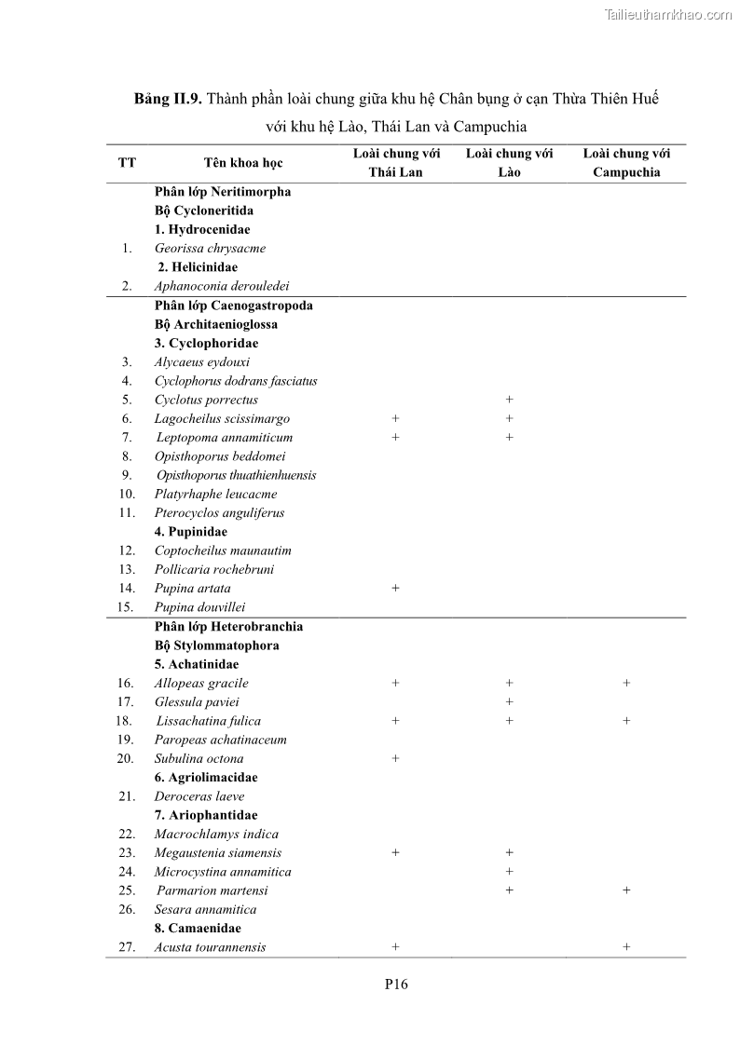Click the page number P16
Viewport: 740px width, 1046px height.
tap(396, 984)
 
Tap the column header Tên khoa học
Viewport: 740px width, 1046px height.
tap(242, 163)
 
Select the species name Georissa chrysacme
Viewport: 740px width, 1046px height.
tap(210, 249)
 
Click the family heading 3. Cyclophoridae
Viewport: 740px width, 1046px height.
tap(206, 344)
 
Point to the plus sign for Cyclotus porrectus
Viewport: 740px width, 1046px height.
tap(509, 400)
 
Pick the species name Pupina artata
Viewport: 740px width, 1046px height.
tap(192, 589)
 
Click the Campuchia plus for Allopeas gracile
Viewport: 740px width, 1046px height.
tap(626, 683)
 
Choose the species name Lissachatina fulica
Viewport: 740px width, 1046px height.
tap(208, 721)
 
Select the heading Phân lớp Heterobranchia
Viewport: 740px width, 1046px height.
tap(228, 627)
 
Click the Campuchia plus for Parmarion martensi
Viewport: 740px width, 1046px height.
tap(626, 890)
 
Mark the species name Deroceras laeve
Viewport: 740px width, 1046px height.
tap(199, 796)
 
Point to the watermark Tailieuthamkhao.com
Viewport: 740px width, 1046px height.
tap(668, 14)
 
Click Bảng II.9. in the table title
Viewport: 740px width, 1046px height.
tap(168, 99)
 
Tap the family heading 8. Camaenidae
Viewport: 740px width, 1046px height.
tap(198, 929)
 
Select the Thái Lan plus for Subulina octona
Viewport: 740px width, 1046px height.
tap(395, 758)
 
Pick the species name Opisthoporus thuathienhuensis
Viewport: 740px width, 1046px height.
tap(236, 475)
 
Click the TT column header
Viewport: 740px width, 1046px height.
tap(127, 163)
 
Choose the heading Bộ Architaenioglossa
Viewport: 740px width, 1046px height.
tap(216, 325)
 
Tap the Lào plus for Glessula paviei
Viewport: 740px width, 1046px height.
tap(509, 701)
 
